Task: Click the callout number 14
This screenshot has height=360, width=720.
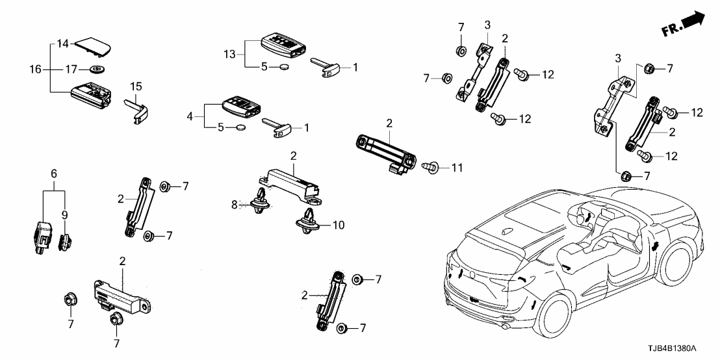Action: pyautogui.click(x=62, y=44)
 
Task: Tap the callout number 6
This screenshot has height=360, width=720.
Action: pyautogui.click(x=54, y=174)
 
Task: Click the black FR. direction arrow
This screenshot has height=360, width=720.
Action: pyautogui.click(x=695, y=19)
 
